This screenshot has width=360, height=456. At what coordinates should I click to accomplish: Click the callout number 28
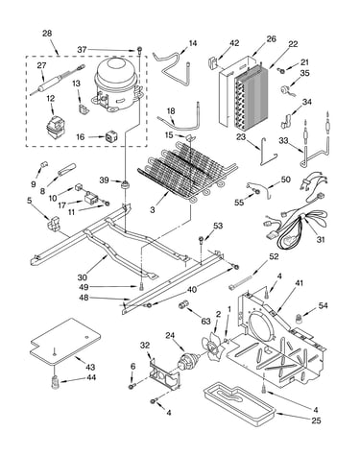click(47, 34)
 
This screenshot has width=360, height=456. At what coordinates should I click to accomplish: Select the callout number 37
click(82, 50)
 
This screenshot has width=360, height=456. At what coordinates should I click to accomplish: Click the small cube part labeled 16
click(110, 137)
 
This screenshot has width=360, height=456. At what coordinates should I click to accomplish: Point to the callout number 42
click(234, 43)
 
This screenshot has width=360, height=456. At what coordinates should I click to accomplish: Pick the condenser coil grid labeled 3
click(187, 172)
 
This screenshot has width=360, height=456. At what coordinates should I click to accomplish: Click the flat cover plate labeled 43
click(65, 342)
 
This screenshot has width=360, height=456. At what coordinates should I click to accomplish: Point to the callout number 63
click(206, 321)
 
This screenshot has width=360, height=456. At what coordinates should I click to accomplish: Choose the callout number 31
click(321, 239)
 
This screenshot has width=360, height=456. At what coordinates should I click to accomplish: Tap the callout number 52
click(274, 256)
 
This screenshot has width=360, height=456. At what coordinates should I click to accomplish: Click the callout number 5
click(30, 201)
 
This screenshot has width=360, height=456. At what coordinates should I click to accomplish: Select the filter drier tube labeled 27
click(58, 81)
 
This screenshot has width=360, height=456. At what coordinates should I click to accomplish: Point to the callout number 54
click(324, 305)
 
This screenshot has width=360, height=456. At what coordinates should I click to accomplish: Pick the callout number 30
click(82, 276)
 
